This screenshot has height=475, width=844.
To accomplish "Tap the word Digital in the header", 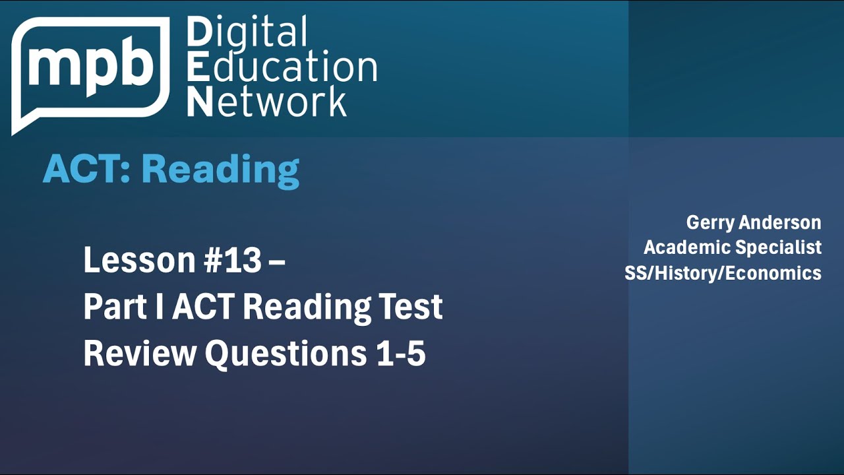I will (247, 33).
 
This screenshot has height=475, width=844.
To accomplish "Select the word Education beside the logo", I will (282, 67).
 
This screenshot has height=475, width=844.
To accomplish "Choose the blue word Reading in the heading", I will (220, 170).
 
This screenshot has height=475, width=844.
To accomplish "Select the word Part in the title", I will (109, 307).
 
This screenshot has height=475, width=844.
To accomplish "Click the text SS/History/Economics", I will (723, 272).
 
